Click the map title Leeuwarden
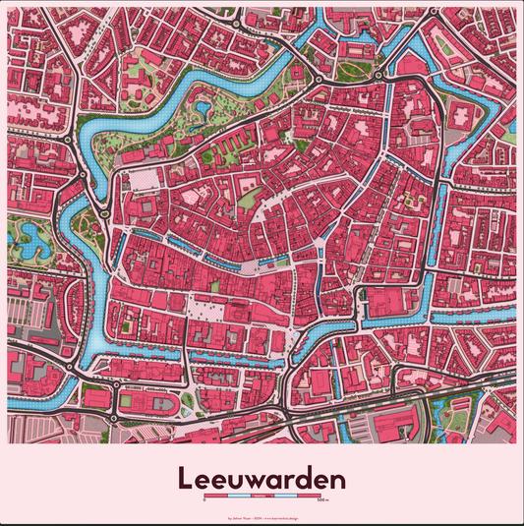click(x=262, y=480)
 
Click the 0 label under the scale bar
click(x=204, y=501)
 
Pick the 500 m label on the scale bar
click(x=320, y=501)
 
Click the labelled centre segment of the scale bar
click(x=262, y=497)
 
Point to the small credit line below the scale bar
click(x=262, y=514)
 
